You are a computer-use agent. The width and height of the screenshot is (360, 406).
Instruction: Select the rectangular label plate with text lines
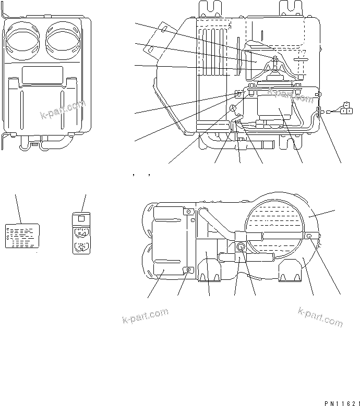(21, 236)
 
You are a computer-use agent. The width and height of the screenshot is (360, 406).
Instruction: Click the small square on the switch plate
(80, 219)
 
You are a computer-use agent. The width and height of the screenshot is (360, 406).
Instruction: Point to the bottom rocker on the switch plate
(80, 247)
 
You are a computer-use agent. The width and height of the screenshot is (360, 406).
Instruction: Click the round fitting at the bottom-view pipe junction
(241, 247)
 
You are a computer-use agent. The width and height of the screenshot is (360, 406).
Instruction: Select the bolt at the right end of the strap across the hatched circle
(309, 237)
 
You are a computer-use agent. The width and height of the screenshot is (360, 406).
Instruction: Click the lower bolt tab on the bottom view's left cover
(188, 270)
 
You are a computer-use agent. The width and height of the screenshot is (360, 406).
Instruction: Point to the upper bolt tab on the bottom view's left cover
(188, 212)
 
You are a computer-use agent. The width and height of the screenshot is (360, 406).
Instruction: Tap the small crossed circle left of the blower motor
(233, 109)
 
